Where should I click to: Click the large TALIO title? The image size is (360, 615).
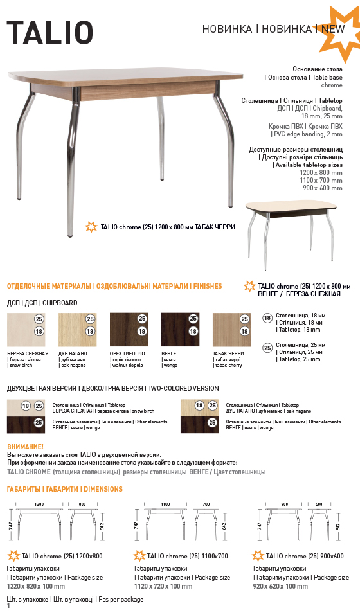(x=50, y=32)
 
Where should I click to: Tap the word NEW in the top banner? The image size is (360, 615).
(x=333, y=29)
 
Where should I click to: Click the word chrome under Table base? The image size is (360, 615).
(x=332, y=85)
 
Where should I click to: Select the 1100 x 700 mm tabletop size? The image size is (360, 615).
(x=321, y=181)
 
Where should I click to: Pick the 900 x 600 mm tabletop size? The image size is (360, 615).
(x=323, y=188)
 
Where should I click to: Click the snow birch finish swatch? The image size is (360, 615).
(x=26, y=330)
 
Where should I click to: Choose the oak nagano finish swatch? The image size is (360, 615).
(x=77, y=330)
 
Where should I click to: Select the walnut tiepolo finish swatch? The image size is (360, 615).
(x=129, y=330)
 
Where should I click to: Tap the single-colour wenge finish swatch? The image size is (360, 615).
(x=180, y=330)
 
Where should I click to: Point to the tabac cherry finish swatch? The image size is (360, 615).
(x=231, y=330)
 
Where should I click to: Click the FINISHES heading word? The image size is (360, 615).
(x=208, y=287)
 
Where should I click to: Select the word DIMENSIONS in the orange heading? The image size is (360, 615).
(x=103, y=489)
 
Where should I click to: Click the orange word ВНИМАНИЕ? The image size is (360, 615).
(x=26, y=447)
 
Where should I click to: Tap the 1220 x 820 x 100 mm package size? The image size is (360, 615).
(x=36, y=586)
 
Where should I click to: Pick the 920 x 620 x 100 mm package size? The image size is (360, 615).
(x=280, y=586)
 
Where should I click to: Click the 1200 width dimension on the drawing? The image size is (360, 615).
(x=39, y=504)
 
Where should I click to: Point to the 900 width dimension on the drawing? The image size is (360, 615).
(x=285, y=504)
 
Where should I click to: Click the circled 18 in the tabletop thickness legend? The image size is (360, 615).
(x=267, y=318)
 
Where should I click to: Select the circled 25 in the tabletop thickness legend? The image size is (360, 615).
(x=267, y=348)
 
